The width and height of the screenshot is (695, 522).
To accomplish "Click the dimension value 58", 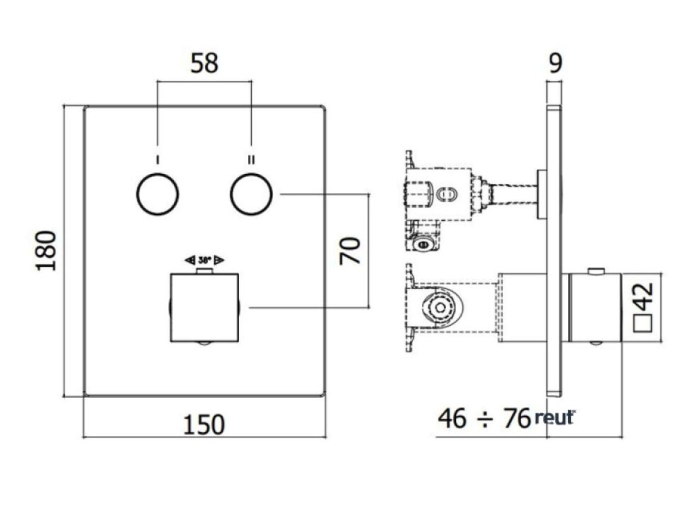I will point(204,63).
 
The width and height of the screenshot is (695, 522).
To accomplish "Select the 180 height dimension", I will point(46,250).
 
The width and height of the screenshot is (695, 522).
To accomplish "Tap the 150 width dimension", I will point(204,424).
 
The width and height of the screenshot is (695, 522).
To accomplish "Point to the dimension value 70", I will point(351,251).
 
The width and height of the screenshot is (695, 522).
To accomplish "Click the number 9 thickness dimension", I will point(555,64).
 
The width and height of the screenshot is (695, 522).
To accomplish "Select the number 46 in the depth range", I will point(452,418).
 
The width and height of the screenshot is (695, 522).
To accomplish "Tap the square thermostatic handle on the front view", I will point(206,308).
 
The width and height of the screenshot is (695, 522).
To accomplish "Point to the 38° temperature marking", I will point(204,260).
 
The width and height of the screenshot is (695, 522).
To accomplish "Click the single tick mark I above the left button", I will point(157,158).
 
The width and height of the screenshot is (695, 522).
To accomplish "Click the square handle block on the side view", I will point(595,308).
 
